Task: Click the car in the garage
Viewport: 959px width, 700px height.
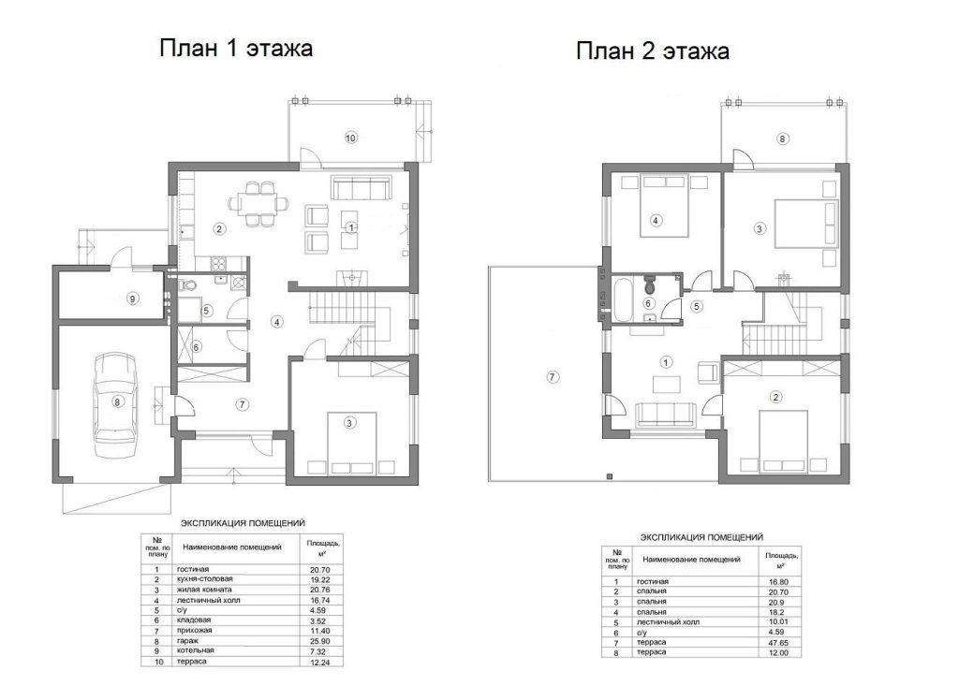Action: (115, 404)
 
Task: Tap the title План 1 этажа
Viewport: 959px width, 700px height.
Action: (236, 48)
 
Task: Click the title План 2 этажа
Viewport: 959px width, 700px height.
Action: (653, 51)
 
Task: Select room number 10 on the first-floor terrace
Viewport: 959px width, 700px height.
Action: (350, 139)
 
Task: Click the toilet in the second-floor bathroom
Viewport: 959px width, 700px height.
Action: (650, 284)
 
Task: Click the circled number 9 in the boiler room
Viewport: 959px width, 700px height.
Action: (132, 299)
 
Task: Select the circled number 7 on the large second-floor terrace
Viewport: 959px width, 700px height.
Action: (552, 376)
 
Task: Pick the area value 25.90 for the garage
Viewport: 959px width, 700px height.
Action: (320, 641)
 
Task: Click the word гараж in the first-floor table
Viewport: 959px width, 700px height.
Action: (186, 641)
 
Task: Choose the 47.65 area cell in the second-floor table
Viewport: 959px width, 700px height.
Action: (779, 643)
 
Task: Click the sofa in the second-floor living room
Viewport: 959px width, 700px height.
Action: (666, 416)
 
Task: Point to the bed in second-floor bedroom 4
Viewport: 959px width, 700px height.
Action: (664, 206)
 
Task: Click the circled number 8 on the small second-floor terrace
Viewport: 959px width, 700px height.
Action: (782, 139)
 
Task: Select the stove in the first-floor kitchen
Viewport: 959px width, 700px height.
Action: (219, 264)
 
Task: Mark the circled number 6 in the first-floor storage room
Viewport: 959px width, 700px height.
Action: (197, 347)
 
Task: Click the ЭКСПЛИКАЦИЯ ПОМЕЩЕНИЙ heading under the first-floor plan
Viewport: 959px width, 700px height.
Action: (243, 523)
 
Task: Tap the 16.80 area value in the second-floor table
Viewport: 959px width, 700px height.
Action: (779, 582)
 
